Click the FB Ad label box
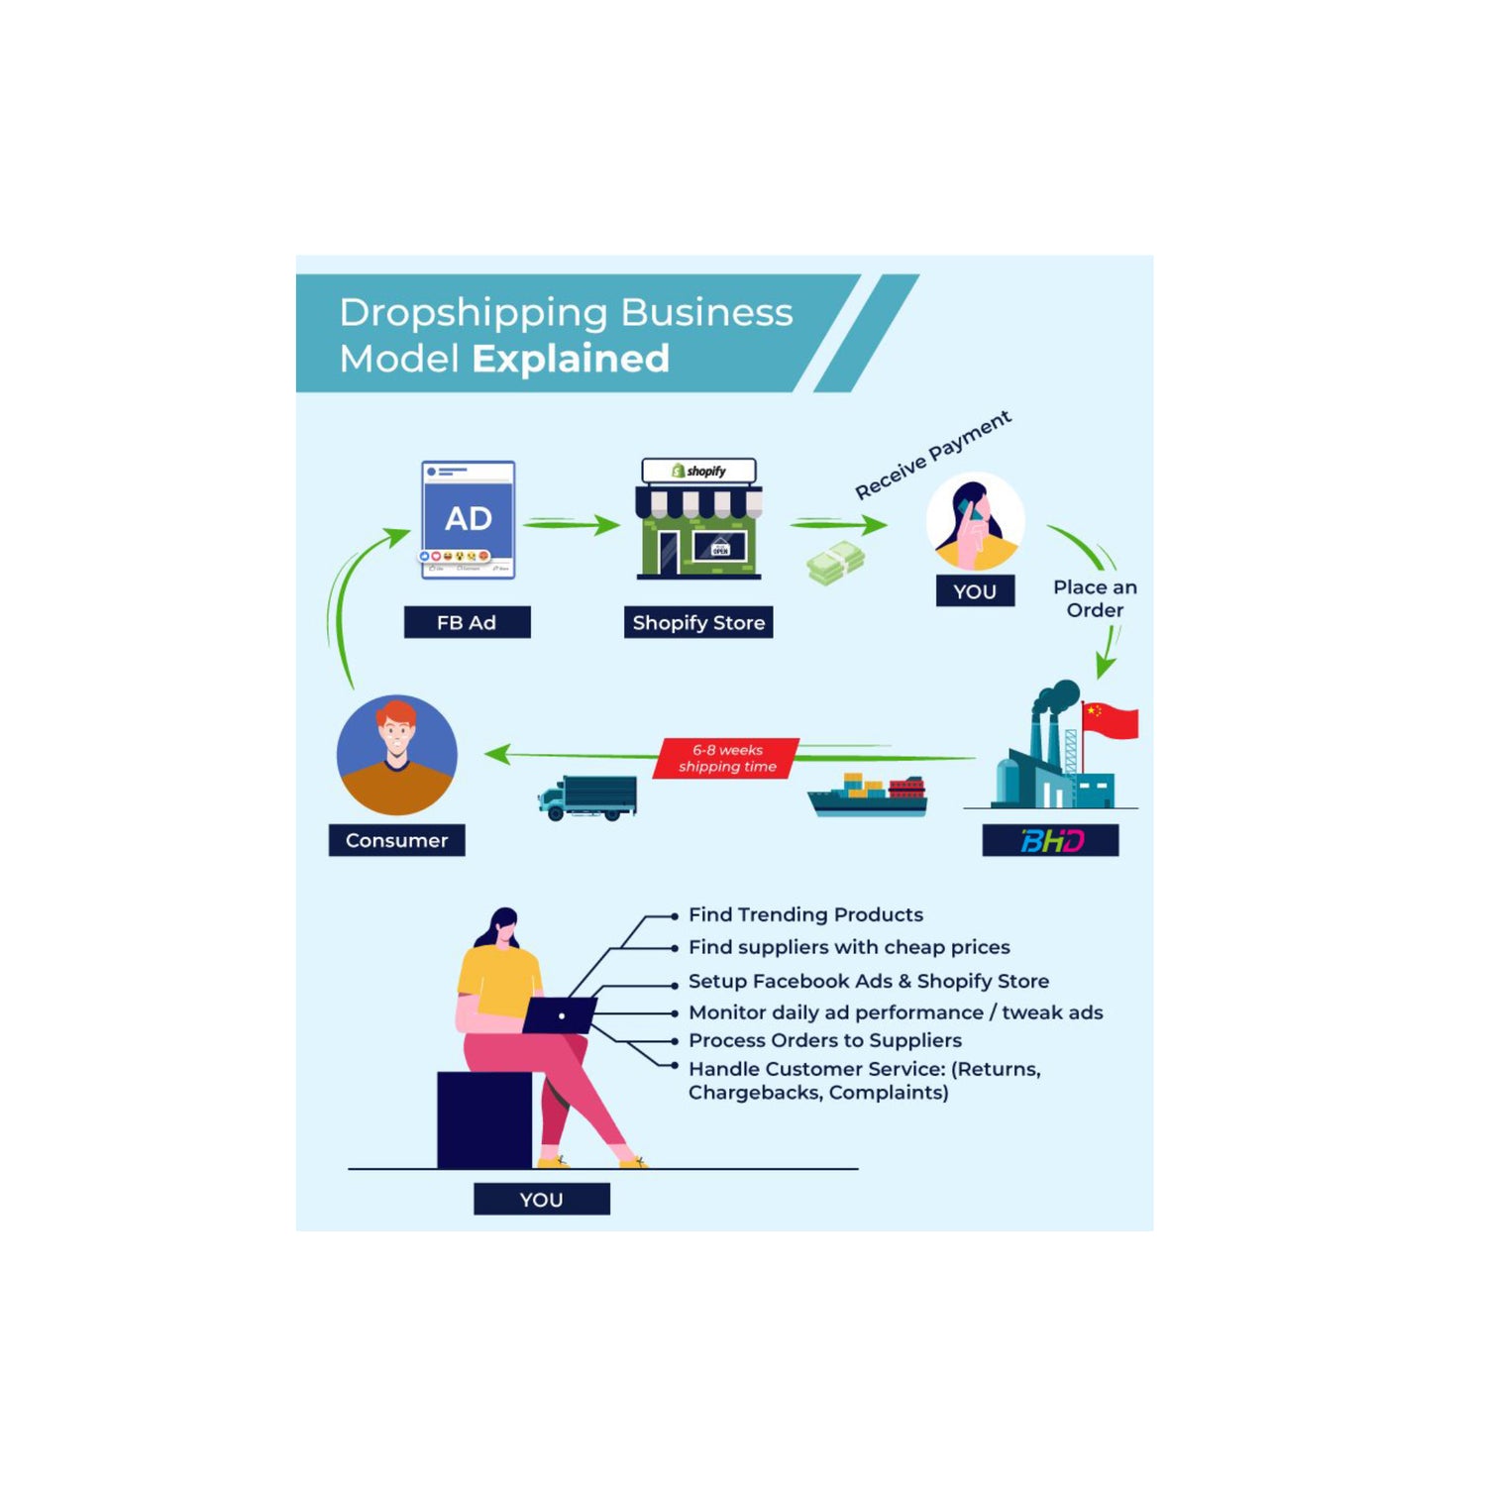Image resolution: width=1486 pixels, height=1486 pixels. pyautogui.click(x=467, y=622)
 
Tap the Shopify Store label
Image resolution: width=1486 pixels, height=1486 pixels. pyautogui.click(x=698, y=622)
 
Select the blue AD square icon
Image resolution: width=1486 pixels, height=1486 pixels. pyautogui.click(x=468, y=518)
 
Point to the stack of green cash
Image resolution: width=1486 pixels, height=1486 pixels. pyautogui.click(x=836, y=564)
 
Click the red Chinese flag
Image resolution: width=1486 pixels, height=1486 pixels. pyautogui.click(x=1111, y=720)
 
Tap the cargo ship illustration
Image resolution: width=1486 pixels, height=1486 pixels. pyautogui.click(x=869, y=796)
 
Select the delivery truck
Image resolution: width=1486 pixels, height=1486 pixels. pyautogui.click(x=588, y=797)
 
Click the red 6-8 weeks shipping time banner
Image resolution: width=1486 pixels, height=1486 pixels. pyautogui.click(x=727, y=758)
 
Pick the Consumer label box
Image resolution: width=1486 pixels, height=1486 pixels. pyautogui.click(x=396, y=840)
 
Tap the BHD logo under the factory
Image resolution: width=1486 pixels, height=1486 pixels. pyautogui.click(x=1050, y=840)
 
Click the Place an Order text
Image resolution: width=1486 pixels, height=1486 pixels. pyautogui.click(x=1095, y=598)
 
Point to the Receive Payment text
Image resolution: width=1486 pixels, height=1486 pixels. pyautogui.click(x=933, y=455)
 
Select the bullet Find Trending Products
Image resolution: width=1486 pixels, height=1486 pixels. pyautogui.click(x=805, y=914)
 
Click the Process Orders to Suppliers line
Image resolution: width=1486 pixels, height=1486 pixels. pyautogui.click(x=824, y=1040)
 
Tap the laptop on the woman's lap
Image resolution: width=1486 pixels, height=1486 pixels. pyautogui.click(x=560, y=1015)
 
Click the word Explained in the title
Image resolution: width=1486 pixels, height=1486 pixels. pyautogui.click(x=571, y=359)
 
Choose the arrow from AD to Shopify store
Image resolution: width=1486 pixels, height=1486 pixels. pyautogui.click(x=572, y=524)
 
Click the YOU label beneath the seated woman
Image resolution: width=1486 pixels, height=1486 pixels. pyautogui.click(x=541, y=1199)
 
